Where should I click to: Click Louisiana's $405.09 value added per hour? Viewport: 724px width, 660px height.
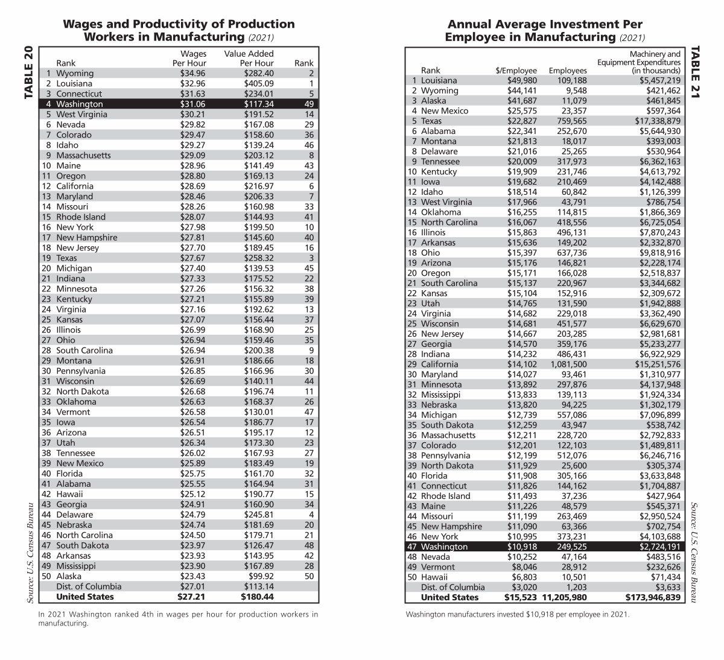pyautogui.click(x=259, y=83)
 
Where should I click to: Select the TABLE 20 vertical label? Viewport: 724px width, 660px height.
pyautogui.click(x=29, y=72)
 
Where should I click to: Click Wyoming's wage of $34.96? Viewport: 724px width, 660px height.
pyautogui.click(x=193, y=73)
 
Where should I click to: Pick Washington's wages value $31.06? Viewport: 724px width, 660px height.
pyautogui.click(x=193, y=104)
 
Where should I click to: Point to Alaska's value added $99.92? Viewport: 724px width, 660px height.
pyautogui.click(x=261, y=576)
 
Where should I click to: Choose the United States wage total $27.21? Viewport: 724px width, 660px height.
pyautogui.click(x=191, y=597)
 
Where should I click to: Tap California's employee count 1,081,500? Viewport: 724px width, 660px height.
pyautogui.click(x=567, y=364)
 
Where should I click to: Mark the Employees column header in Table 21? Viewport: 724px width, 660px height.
pyautogui.click(x=567, y=71)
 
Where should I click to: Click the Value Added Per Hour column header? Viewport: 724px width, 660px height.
pyautogui.click(x=249, y=58)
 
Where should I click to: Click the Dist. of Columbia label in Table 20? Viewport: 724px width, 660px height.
pyautogui.click(x=89, y=586)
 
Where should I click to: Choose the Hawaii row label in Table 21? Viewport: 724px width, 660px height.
pyautogui.click(x=434, y=577)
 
